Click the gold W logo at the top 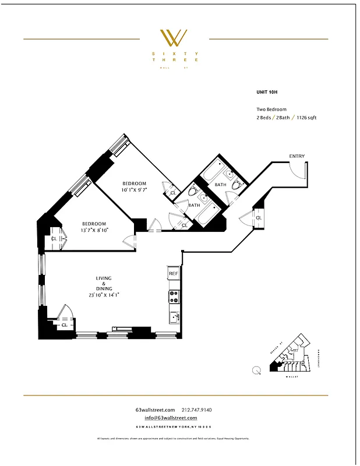pos(174,39)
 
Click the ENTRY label pos(297,156)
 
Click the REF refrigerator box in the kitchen pos(173,273)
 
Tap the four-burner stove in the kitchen pos(174,297)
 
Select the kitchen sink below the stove pos(174,317)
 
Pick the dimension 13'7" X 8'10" pos(94,230)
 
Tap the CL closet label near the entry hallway pos(259,218)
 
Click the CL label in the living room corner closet pos(65,325)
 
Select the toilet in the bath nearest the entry pos(235,185)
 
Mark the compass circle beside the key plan pos(256,368)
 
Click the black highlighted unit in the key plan pos(274,366)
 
